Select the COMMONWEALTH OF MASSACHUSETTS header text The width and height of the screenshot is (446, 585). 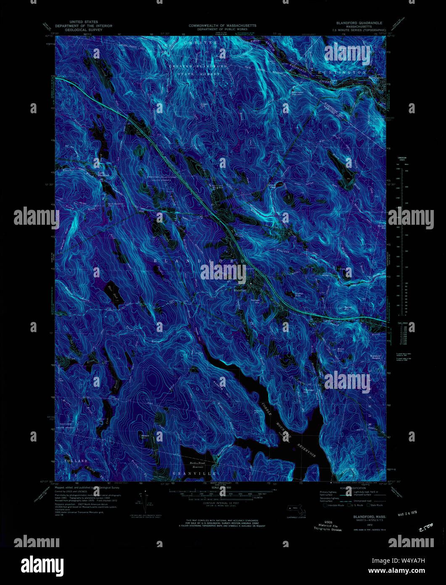coord(222,26)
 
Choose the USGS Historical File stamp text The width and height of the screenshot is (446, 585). coord(328,525)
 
